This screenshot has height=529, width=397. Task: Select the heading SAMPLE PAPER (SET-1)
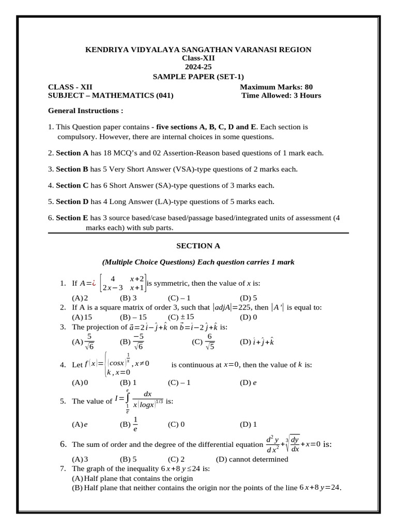coord(198,76)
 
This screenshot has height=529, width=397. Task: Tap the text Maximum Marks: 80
coord(276,87)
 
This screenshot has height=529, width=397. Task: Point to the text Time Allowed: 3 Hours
coord(281,95)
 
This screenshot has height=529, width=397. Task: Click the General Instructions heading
coord(86,111)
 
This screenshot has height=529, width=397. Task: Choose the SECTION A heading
coord(198,246)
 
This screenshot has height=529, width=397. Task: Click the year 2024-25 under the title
coord(198,67)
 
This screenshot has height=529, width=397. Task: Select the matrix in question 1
coord(125,283)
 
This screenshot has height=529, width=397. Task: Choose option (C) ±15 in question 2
coord(181,317)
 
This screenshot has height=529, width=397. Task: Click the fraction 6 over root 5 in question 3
coord(209,341)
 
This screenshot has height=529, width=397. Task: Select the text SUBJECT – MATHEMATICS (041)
coord(111,95)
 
